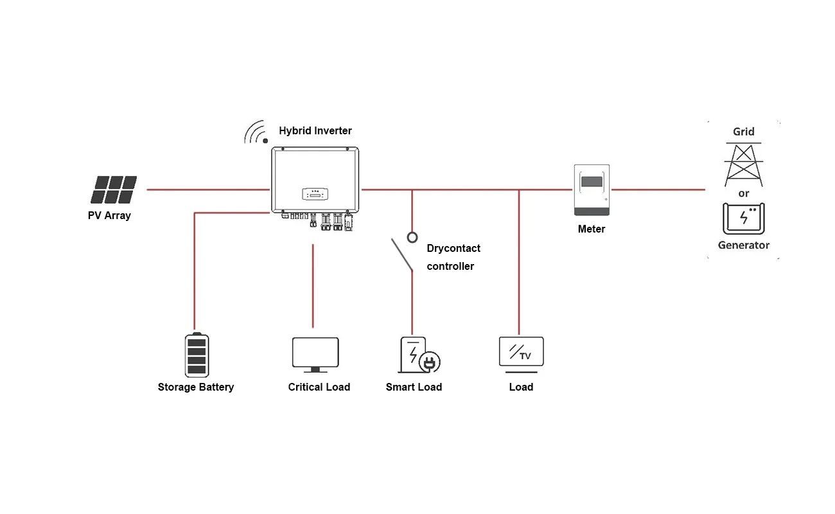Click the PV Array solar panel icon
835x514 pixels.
(114, 190)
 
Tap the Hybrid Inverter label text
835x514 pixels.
(315, 131)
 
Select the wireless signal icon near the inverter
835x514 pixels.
(256, 132)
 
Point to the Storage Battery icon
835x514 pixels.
(196, 355)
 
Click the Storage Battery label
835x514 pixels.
(196, 387)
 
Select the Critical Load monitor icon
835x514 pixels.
(315, 354)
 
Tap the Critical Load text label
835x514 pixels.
(319, 387)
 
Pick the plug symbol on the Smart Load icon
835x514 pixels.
(429, 363)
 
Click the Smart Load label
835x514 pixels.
(414, 387)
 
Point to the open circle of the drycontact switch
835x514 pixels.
(412, 237)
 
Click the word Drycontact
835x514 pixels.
(453, 248)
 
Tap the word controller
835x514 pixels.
(450, 266)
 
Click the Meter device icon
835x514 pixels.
(592, 190)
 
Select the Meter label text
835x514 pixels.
(591, 229)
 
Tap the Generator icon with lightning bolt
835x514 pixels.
(743, 218)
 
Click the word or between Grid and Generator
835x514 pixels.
(743, 193)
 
